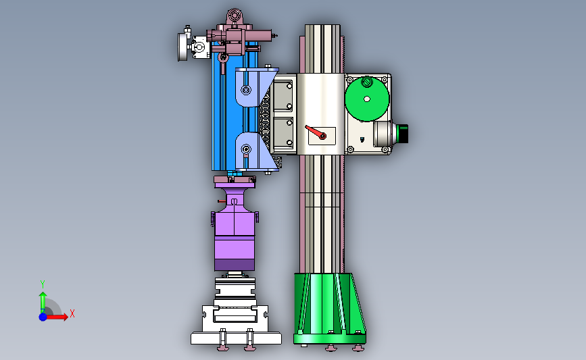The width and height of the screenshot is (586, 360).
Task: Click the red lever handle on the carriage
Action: (x=316, y=132)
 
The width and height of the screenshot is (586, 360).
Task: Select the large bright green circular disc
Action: (x=367, y=99)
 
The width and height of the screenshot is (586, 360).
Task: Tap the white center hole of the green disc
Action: (x=367, y=99)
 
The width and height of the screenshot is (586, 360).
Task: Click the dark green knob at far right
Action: (x=402, y=134)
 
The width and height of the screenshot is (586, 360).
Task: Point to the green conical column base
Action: (x=329, y=308)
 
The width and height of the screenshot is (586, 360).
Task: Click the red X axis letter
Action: (x=72, y=313)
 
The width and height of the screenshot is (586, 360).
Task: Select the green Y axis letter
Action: (x=43, y=284)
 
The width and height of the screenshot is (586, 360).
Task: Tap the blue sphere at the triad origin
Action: (x=43, y=317)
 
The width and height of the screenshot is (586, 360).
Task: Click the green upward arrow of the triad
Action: (x=43, y=303)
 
